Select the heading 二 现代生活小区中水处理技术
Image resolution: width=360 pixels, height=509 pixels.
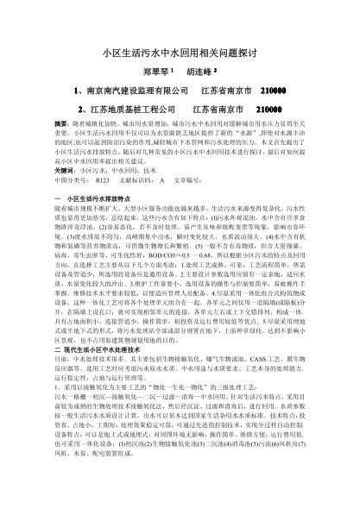pyautogui.click(x=87, y=344)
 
